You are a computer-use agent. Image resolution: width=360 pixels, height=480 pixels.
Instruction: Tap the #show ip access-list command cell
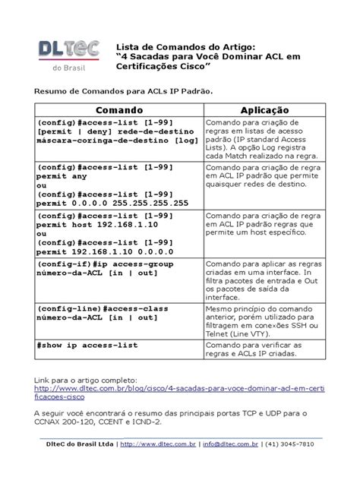click(x=87, y=345)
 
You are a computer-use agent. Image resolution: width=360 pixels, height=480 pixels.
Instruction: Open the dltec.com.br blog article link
click(x=178, y=388)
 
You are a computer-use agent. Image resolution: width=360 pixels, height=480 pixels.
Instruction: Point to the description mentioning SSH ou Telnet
click(x=258, y=325)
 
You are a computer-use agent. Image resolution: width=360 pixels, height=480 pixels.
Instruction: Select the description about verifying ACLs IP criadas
click(x=258, y=350)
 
